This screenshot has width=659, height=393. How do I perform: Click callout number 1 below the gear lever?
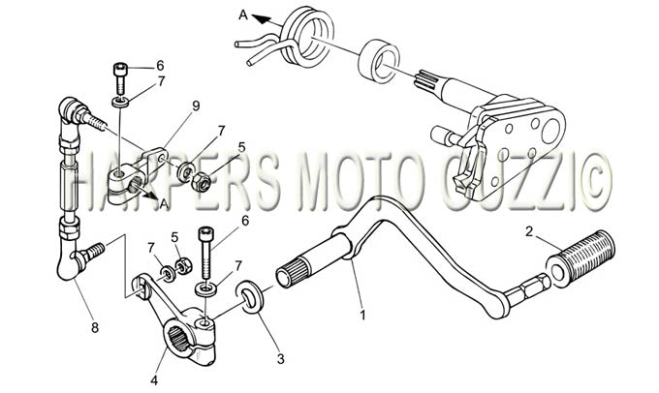362,315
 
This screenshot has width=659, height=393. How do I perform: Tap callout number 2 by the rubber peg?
529,231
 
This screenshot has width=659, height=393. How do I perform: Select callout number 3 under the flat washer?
280,359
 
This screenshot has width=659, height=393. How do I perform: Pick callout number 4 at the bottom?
154,380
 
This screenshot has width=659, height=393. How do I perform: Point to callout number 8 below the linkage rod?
95,327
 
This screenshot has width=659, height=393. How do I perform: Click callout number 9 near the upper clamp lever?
196,106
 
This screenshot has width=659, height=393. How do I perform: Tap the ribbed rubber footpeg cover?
581,258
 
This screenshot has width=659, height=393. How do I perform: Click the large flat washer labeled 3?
250,298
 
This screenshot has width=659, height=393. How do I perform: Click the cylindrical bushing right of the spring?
378,61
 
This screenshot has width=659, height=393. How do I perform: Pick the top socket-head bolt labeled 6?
120,78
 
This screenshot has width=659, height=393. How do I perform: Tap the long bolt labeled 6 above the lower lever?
205,253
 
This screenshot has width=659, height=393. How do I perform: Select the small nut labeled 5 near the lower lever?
183,265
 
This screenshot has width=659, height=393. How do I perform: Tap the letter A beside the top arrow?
243,15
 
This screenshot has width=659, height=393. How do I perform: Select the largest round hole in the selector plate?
550,131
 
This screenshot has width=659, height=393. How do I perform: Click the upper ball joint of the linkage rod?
68,108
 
